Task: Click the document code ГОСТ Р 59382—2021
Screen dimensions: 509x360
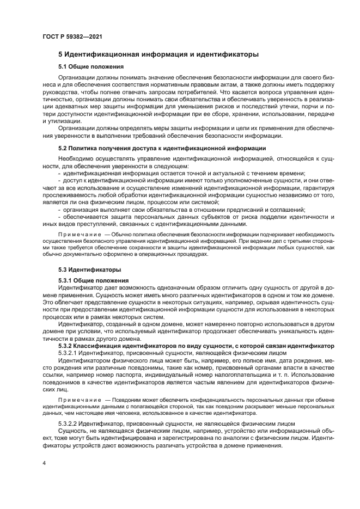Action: (x=72, y=36)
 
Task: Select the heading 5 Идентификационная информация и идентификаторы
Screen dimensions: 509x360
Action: (x=158, y=54)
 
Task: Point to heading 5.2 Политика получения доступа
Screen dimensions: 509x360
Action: (x=162, y=148)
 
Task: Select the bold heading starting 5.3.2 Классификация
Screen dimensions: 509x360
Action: (x=196, y=346)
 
